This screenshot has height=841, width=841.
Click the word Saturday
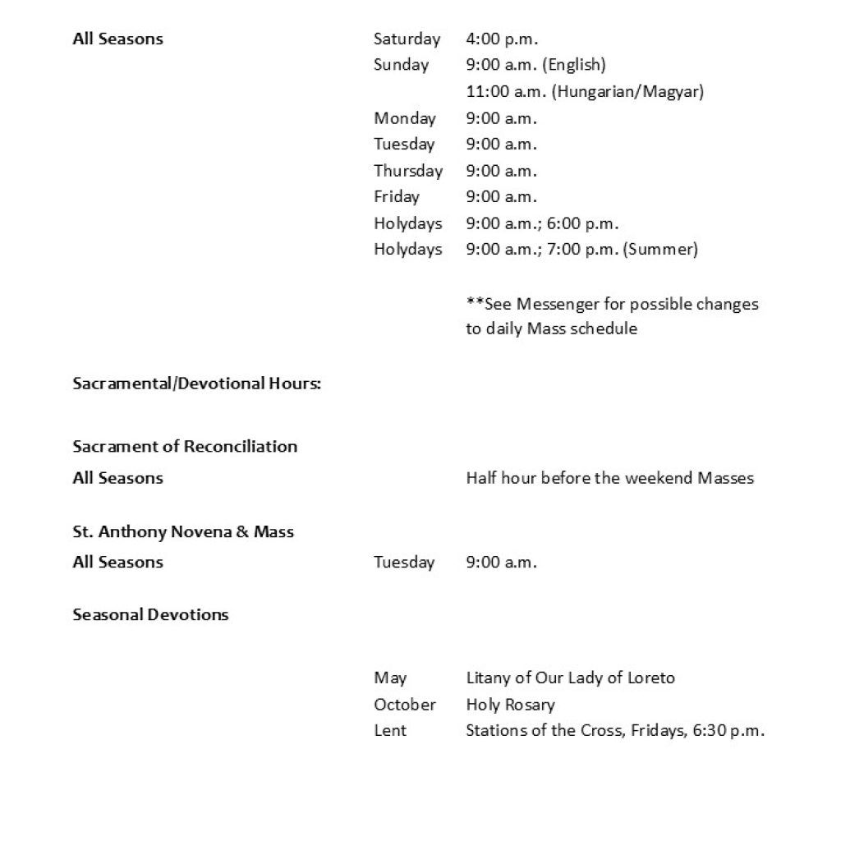407,39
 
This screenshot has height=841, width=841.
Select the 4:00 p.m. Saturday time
501,39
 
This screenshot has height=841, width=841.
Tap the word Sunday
401,65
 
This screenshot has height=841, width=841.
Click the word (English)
573,65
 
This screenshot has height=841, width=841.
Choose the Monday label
405,118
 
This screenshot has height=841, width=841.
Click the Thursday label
408,171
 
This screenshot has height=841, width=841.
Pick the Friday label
397,197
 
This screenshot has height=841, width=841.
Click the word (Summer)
661,250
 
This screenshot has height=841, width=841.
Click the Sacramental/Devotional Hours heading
196,384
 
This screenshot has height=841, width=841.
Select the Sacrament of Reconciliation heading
185,447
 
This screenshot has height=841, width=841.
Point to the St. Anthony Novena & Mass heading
183,532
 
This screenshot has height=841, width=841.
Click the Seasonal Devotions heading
150,615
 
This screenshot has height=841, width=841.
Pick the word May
390,678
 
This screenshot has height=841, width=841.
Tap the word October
405,705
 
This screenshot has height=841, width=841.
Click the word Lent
390,731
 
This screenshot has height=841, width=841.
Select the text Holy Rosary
510,705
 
